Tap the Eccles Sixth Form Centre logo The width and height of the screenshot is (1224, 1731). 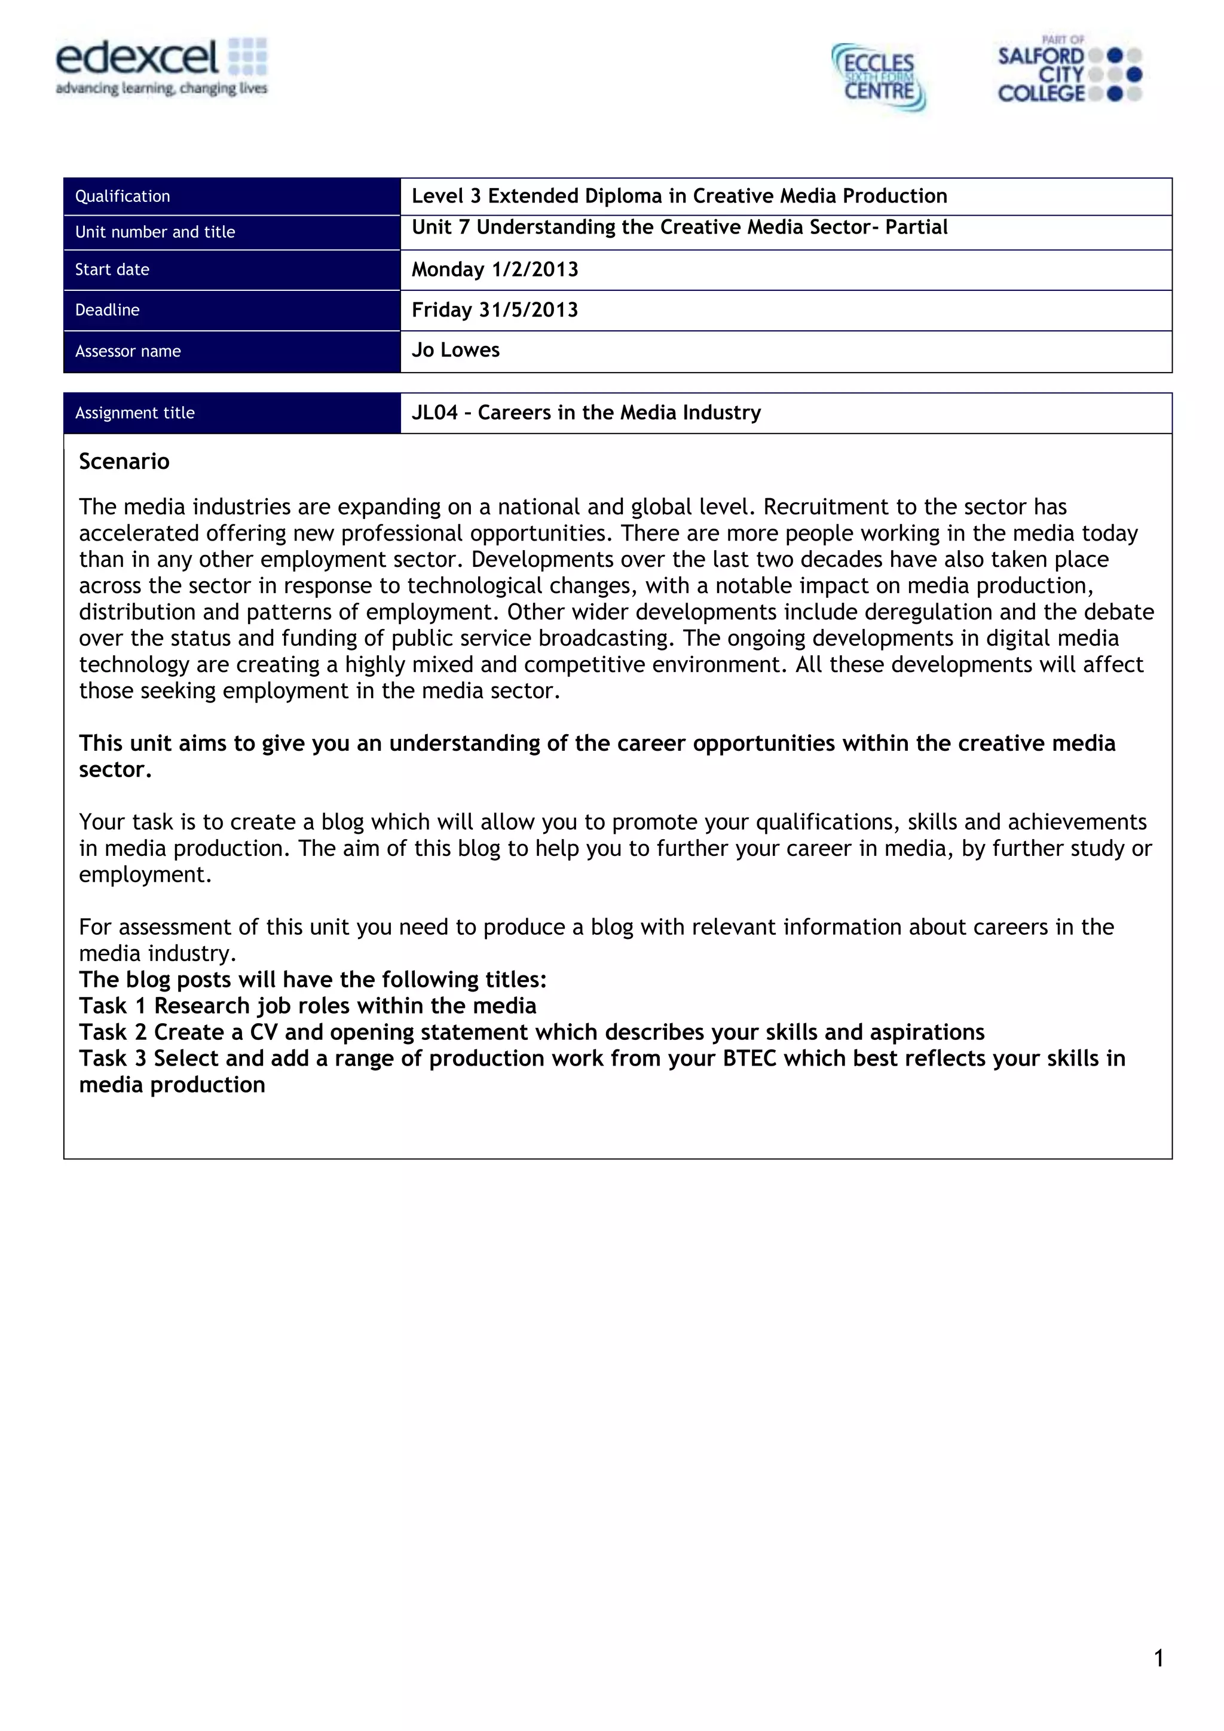click(x=879, y=78)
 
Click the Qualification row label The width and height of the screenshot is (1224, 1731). click(x=123, y=197)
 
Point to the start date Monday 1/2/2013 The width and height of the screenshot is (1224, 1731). click(x=495, y=270)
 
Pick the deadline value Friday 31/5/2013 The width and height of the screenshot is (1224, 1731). click(x=495, y=310)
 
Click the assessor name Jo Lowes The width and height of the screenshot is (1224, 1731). click(x=455, y=351)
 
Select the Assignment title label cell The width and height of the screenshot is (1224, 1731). click(x=135, y=413)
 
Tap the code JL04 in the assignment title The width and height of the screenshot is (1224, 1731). click(x=434, y=413)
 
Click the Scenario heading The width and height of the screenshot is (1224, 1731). click(x=124, y=461)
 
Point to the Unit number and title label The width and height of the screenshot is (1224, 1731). click(x=155, y=232)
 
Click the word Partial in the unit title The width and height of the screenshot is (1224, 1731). click(x=916, y=228)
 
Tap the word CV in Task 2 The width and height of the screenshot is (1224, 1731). click(x=264, y=1032)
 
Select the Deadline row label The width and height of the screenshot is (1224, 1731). click(x=107, y=311)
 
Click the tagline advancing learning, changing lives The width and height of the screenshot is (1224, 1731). click(x=161, y=89)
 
